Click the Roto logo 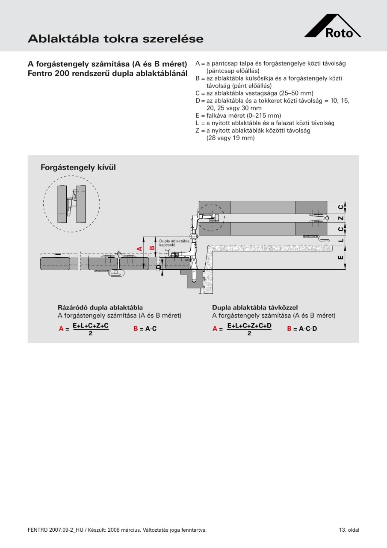333,26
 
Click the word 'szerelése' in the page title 173,39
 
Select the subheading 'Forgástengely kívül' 78,167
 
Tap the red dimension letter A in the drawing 140,249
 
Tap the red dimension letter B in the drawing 152,247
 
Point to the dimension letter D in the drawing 159,267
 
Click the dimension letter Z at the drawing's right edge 341,218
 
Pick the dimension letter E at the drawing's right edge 341,257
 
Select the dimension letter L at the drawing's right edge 341,240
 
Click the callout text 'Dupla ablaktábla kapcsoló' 174,243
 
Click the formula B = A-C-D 302,329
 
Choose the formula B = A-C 145,329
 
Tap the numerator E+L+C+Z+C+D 249,326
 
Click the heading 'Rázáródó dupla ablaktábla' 100,307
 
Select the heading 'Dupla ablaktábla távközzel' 255,307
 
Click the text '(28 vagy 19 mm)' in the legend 230,138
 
